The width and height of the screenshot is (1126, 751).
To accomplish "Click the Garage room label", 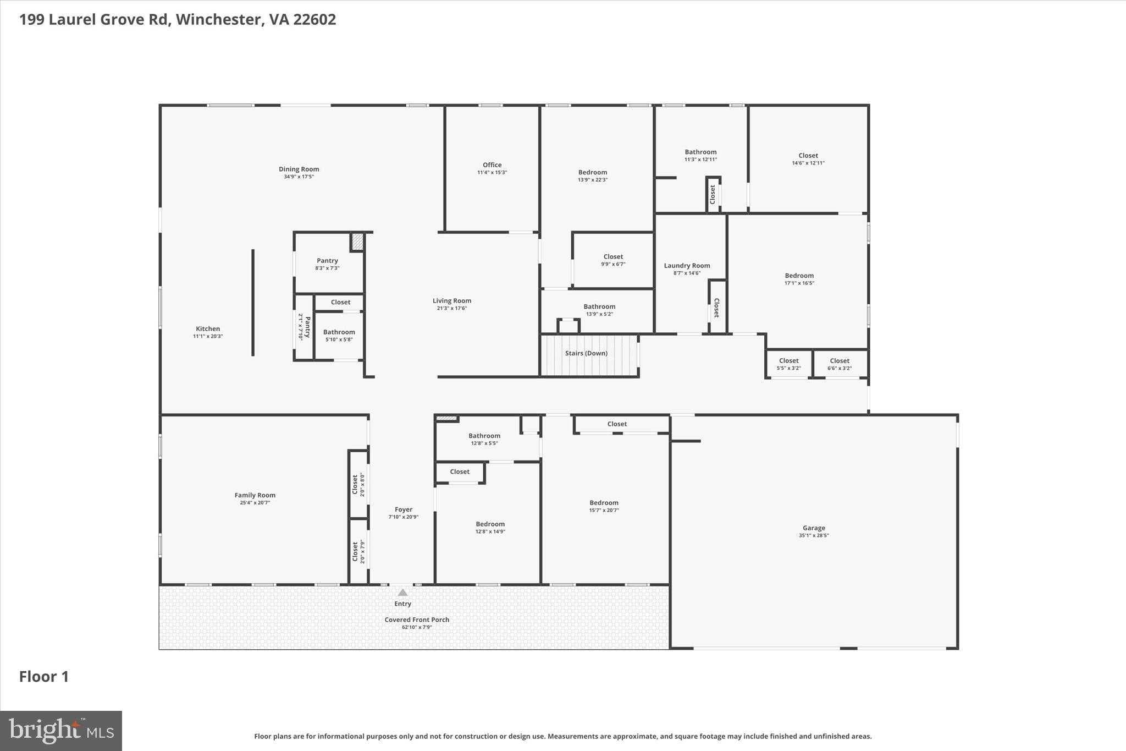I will pos(813,528).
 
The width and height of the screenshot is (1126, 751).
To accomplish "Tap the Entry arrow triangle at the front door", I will pos(402,593).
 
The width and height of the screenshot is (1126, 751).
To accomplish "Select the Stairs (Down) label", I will pos(586,353).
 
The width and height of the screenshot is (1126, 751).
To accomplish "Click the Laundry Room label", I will pos(687,266).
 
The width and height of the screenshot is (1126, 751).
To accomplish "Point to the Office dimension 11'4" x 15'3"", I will pos(492,173).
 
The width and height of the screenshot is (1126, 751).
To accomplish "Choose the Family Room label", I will pos(255,495).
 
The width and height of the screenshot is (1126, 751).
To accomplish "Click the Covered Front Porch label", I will pos(417,620).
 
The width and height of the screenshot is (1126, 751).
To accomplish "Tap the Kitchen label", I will pos(208,328).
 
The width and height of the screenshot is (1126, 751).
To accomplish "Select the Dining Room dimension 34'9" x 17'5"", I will pos(299,177).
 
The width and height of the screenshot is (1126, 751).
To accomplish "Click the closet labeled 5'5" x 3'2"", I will pos(788,364).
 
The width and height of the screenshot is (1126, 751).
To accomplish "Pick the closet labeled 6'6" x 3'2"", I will pos(840,364).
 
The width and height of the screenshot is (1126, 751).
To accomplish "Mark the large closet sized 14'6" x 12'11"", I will pos(808,159).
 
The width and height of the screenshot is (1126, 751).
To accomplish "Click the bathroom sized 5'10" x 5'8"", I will pos(339,336).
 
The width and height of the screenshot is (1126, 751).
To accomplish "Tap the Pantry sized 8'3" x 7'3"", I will pos(327,264).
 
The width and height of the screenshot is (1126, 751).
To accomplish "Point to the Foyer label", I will pos(404,509).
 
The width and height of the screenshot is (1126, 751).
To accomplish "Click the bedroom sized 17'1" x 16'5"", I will pos(799,279).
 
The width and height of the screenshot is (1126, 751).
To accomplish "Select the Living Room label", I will pos(451,300).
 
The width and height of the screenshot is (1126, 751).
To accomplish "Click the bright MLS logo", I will pos(61,731).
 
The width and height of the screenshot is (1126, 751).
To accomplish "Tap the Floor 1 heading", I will pos(44,677).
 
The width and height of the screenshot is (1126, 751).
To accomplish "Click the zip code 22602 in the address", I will pos(314,20).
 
